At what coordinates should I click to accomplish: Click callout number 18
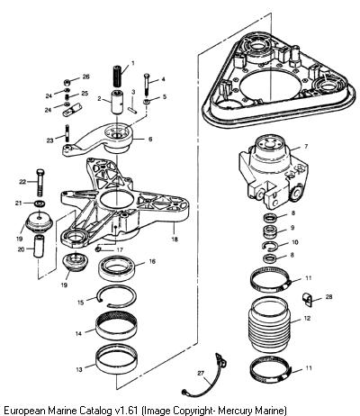(175, 240)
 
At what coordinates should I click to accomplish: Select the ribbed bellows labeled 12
(269, 325)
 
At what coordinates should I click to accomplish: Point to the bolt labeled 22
(40, 183)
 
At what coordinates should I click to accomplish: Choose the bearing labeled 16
(117, 268)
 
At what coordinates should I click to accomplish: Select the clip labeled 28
(307, 300)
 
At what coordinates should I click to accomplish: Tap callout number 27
(201, 373)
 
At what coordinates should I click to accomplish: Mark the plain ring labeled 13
(117, 359)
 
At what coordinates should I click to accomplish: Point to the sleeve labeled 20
(39, 246)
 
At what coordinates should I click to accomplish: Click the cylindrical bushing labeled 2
(117, 102)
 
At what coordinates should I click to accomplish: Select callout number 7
(306, 147)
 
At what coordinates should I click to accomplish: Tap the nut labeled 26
(67, 82)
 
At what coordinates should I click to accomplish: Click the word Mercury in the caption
(235, 410)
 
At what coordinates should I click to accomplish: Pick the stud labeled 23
(67, 131)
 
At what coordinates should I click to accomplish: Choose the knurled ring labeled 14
(117, 325)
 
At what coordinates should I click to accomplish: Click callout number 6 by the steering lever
(150, 139)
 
